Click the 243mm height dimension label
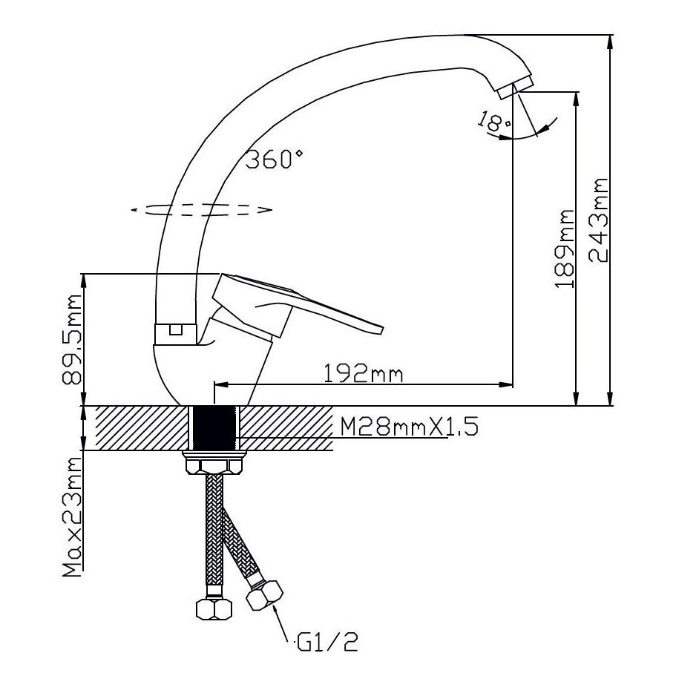pyautogui.click(x=598, y=220)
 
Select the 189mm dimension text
pyautogui.click(x=565, y=248)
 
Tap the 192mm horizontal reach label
pyautogui.click(x=364, y=373)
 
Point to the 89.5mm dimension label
pyautogui.click(x=72, y=341)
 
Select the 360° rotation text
pyautogui.click(x=275, y=159)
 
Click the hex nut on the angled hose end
pyautogui.click(x=266, y=593)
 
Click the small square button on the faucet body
pyautogui.click(x=175, y=330)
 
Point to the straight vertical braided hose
pyautogui.click(x=214, y=531)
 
